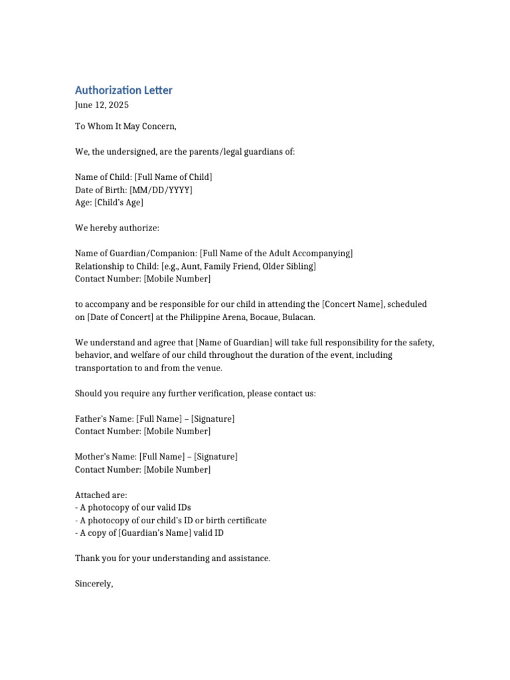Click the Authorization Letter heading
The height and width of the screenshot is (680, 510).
coord(124,90)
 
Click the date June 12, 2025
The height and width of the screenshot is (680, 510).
coord(102,105)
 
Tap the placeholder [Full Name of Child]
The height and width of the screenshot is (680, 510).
coord(173,177)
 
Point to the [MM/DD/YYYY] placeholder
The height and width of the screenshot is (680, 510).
coord(161,190)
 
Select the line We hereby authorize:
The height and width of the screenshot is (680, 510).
coord(118,228)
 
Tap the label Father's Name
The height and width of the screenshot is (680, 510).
coord(104,419)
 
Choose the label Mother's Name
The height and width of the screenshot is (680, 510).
coord(106,457)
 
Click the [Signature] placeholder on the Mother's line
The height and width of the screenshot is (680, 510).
coord(215,457)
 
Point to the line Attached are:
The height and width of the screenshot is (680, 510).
coord(101,495)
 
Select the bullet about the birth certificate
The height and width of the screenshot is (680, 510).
coord(171,521)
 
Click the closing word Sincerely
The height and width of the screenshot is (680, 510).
coord(94,584)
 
